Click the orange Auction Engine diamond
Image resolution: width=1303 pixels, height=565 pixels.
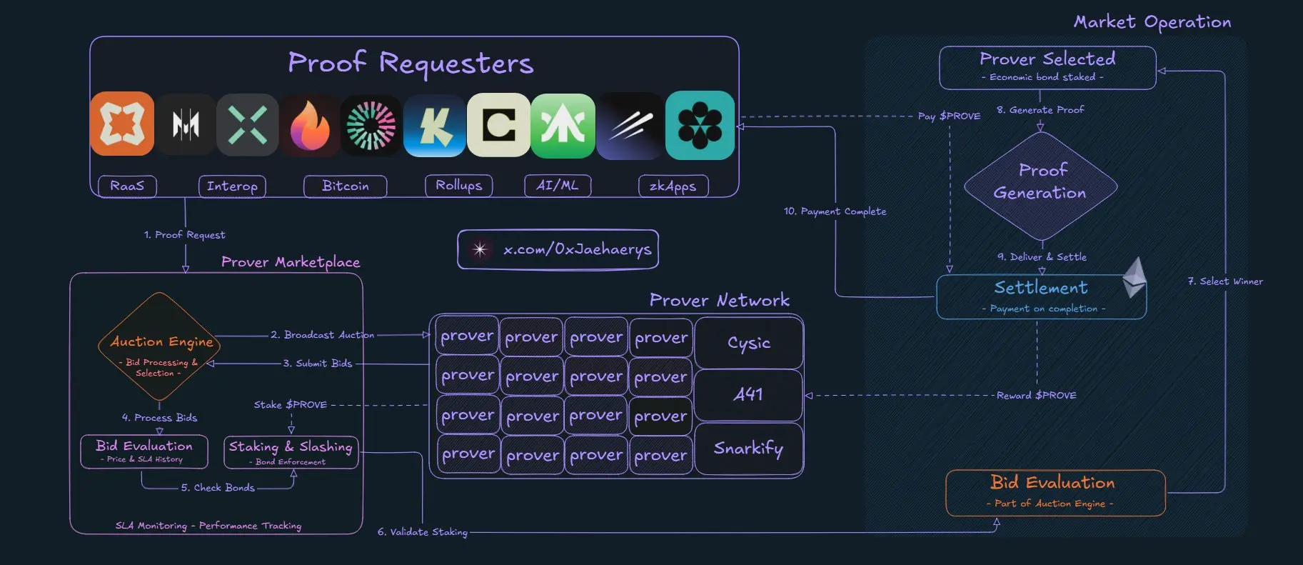(x=159, y=346)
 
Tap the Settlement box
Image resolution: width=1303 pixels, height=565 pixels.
(x=1040, y=296)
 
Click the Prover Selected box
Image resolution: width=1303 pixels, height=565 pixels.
(x=1047, y=67)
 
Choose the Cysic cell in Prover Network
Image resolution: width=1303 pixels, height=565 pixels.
(x=748, y=343)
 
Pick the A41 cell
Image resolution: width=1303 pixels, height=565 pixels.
(x=748, y=394)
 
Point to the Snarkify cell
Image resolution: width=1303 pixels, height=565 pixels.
(x=748, y=449)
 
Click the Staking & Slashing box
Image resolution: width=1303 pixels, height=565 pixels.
(x=291, y=452)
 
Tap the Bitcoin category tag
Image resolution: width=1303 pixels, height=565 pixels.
(x=345, y=186)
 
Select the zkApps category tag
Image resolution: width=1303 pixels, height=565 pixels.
(x=673, y=186)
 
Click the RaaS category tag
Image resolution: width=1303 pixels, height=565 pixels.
(x=127, y=186)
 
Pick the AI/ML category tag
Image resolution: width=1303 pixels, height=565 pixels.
(x=557, y=186)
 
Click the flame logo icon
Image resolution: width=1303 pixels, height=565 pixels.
(x=309, y=126)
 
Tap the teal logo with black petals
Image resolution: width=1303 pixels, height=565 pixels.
(x=700, y=125)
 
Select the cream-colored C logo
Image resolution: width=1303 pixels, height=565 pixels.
(x=498, y=125)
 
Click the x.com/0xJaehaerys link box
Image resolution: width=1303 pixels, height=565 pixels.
(x=558, y=249)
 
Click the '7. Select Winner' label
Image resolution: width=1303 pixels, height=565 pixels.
(x=1225, y=281)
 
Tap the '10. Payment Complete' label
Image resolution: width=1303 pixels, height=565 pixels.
(x=835, y=211)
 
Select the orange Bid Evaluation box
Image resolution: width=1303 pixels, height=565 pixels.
(x=1055, y=492)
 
